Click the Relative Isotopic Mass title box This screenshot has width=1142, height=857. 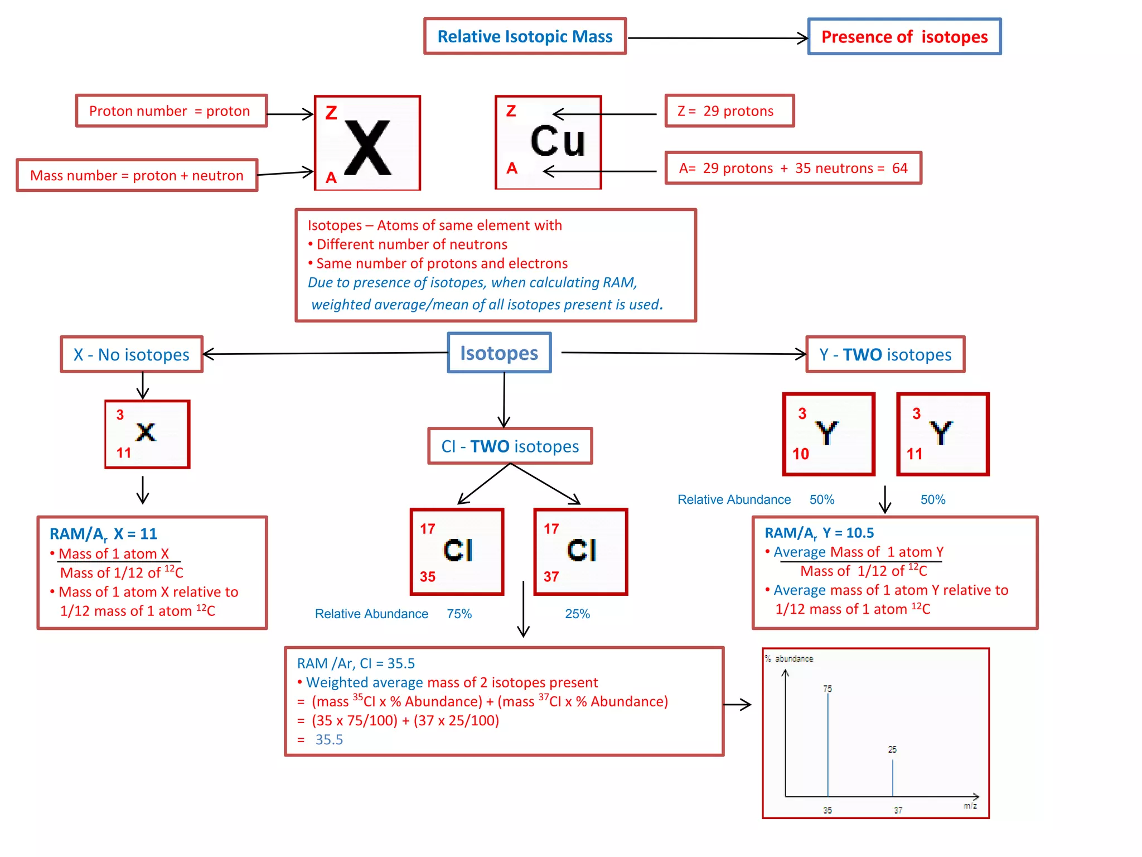[x=524, y=37]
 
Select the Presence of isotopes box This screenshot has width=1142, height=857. [x=904, y=37]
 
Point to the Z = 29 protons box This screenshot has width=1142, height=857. [x=729, y=111]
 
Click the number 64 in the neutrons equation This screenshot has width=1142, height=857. [x=899, y=168]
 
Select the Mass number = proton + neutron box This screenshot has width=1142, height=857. [x=137, y=175]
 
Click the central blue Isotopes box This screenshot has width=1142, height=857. [x=499, y=353]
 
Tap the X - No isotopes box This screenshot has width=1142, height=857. [x=132, y=354]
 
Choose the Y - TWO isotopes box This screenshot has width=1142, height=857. [x=885, y=354]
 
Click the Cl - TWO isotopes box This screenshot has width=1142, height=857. [x=510, y=446]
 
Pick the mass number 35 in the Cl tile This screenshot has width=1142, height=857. [x=428, y=576]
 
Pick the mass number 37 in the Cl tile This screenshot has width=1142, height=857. [x=551, y=576]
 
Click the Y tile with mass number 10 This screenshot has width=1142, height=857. [x=828, y=434]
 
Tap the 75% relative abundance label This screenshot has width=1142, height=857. [x=459, y=614]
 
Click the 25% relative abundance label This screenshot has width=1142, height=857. [x=577, y=614]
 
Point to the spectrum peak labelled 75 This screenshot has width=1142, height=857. [x=828, y=742]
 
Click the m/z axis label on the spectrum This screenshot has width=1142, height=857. [x=970, y=806]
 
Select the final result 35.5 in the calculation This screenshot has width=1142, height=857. [x=329, y=740]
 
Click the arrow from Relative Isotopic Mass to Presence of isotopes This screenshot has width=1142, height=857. [x=717, y=38]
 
